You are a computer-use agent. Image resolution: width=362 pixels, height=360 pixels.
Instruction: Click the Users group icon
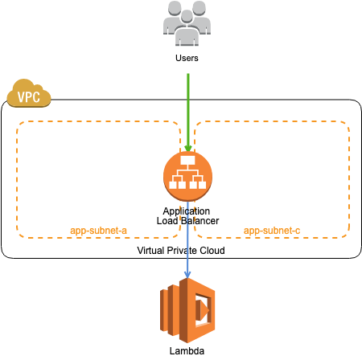tap(187, 23)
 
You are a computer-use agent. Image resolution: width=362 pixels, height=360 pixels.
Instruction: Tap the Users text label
tap(187, 58)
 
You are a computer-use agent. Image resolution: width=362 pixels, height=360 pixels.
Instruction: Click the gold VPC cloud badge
tap(29, 93)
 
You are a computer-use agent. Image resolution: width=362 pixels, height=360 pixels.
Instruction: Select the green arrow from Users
tap(188, 113)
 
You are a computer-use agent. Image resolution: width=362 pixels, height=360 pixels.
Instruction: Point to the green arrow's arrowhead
tap(188, 149)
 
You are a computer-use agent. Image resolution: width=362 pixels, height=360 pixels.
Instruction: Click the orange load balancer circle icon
tap(187, 177)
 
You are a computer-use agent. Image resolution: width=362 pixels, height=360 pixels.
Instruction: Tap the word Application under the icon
tap(187, 211)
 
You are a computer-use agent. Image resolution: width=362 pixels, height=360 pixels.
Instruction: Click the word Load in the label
tap(167, 221)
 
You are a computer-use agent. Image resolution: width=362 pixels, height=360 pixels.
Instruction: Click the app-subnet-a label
tap(98, 231)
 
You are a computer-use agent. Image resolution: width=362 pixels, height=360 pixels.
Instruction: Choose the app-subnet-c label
tap(272, 231)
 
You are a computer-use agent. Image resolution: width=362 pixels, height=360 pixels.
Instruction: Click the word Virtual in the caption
tap(150, 251)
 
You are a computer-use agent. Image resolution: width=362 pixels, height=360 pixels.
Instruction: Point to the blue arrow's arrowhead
tap(187, 275)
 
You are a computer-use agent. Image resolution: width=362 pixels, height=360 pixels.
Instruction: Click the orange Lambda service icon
tap(187, 310)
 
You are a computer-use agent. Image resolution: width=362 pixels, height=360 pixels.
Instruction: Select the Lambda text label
tap(187, 351)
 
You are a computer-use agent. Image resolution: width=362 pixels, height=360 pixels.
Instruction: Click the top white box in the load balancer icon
tap(187, 160)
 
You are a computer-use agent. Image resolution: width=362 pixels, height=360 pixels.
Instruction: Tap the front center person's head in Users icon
tap(187, 17)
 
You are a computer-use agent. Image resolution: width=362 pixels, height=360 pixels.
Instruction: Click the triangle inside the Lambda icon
tap(205, 310)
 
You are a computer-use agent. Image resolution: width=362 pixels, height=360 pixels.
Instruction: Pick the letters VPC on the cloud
tap(29, 97)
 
